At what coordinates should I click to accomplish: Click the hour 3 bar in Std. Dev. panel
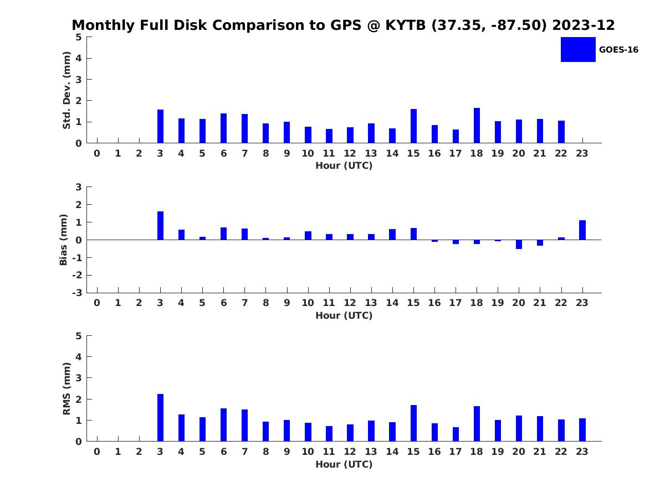click(x=160, y=126)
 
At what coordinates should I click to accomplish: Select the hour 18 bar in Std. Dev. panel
click(x=477, y=126)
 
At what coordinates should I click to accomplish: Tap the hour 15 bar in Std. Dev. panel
click(x=413, y=126)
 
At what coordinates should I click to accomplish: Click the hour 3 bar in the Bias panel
click(x=160, y=226)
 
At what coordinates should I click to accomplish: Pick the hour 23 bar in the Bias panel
click(x=582, y=230)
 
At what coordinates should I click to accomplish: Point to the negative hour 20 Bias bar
click(x=519, y=244)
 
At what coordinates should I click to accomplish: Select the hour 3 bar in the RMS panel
click(x=160, y=418)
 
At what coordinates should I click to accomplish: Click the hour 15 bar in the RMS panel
click(x=413, y=423)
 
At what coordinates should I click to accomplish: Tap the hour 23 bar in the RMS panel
click(x=582, y=430)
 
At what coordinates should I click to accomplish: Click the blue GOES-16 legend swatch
click(x=578, y=49)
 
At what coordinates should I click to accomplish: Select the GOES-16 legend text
click(x=618, y=50)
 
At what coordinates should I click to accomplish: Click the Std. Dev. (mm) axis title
click(x=67, y=90)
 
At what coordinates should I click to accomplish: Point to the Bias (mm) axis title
click(x=64, y=240)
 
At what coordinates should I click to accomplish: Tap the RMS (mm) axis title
click(x=67, y=388)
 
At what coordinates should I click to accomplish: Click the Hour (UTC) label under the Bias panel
click(x=344, y=316)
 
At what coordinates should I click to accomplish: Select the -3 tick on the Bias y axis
click(x=78, y=293)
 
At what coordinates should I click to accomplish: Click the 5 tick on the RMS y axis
click(x=79, y=336)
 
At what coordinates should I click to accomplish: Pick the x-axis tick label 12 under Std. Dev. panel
click(x=350, y=154)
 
